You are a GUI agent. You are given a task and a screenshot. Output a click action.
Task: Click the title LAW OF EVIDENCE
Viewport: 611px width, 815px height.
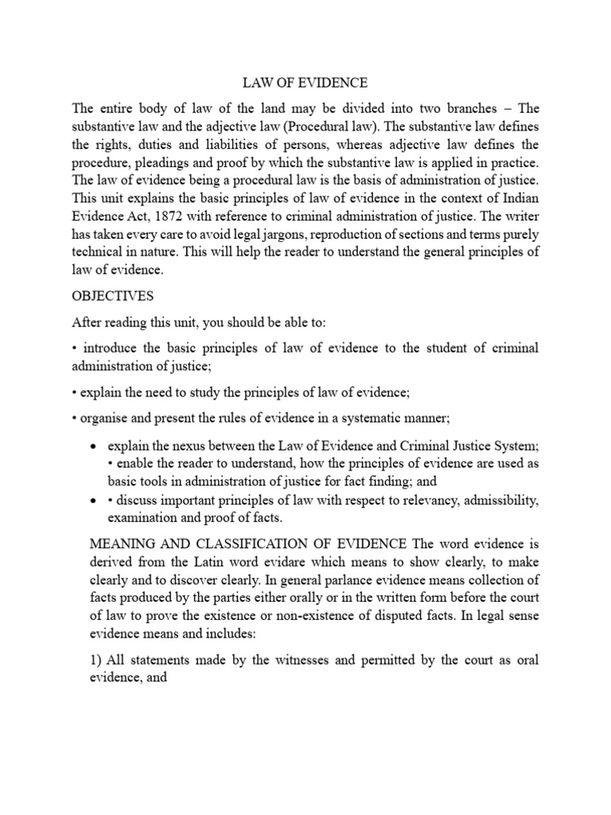coord(305,82)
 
